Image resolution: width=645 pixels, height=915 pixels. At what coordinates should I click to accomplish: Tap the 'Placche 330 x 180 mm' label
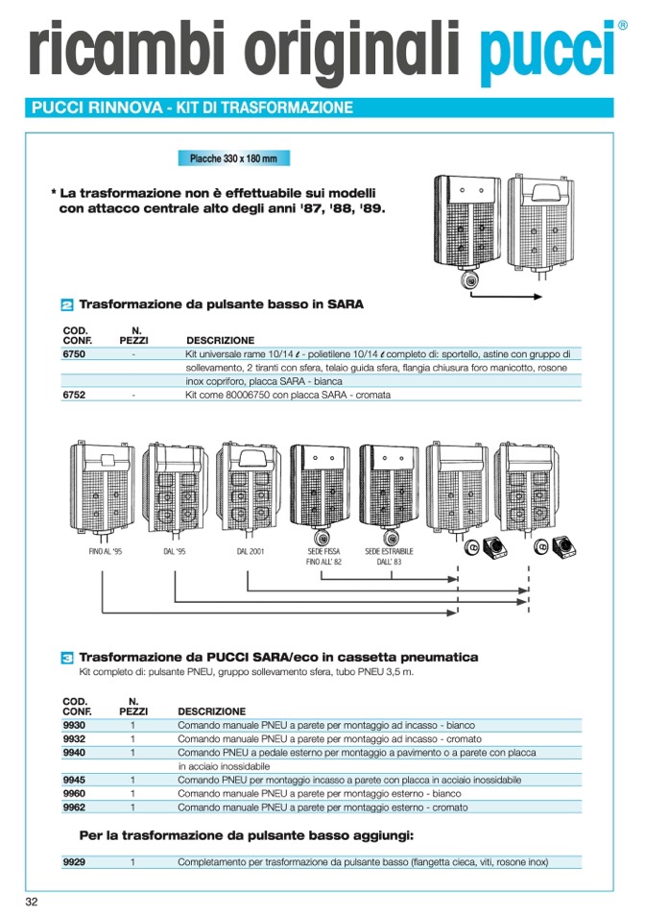tap(233, 158)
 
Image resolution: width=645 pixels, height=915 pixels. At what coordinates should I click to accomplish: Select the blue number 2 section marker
tap(67, 305)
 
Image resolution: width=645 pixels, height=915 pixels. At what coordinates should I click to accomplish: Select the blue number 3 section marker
tap(67, 658)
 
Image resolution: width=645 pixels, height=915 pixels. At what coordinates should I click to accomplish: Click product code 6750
tap(74, 354)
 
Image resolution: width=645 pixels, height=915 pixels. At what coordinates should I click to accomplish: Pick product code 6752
tap(74, 395)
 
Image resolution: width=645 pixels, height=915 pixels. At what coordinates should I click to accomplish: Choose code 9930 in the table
tap(74, 726)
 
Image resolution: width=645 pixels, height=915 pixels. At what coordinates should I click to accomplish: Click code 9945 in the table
tap(74, 781)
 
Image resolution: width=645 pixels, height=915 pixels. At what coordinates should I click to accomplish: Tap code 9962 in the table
tap(74, 807)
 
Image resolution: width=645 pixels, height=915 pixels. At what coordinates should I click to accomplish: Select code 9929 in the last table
tap(74, 862)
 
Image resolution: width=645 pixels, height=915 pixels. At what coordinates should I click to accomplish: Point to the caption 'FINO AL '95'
tap(105, 552)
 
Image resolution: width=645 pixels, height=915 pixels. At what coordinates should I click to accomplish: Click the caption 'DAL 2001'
tap(250, 552)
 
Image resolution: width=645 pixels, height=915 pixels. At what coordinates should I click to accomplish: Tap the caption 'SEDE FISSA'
tap(324, 552)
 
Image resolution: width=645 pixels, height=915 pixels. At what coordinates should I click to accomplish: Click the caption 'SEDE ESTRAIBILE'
tap(389, 552)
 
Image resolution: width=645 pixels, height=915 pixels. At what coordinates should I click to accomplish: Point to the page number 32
tap(32, 902)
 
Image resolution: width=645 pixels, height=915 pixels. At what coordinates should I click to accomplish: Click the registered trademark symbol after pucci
tap(622, 26)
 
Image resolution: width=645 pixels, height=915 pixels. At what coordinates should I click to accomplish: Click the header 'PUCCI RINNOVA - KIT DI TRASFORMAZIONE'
tap(192, 108)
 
